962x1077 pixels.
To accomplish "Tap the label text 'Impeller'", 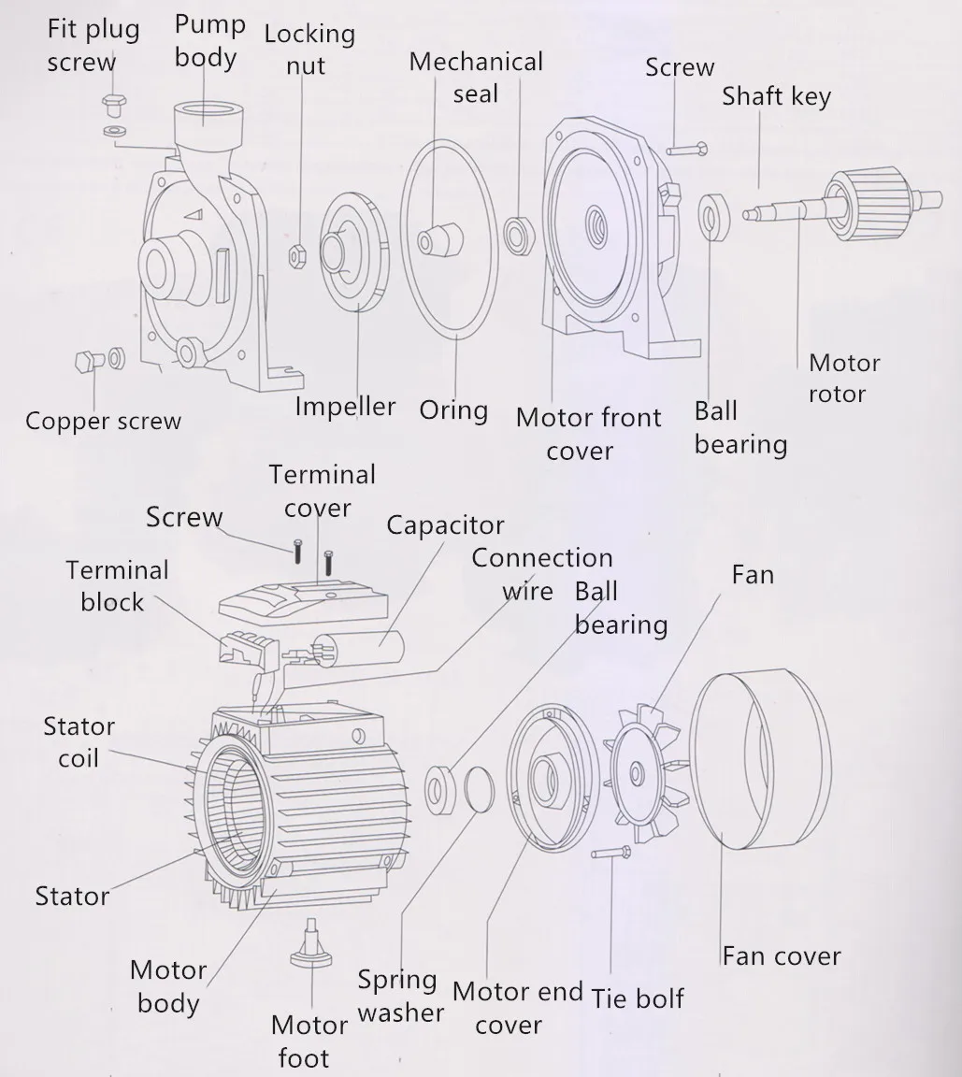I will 345,407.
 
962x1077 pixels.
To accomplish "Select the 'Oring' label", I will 453,410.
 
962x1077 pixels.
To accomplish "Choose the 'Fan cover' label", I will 781,955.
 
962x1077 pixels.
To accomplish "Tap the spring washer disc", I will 477,789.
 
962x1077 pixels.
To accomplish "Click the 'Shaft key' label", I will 776,95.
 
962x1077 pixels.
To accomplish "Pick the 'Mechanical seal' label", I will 476,78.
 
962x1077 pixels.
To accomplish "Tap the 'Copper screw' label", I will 103,421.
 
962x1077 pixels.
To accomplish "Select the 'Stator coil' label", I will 79,742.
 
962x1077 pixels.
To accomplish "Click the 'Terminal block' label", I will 117,586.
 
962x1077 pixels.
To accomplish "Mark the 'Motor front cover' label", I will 588,434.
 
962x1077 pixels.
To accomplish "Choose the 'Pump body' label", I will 209,40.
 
